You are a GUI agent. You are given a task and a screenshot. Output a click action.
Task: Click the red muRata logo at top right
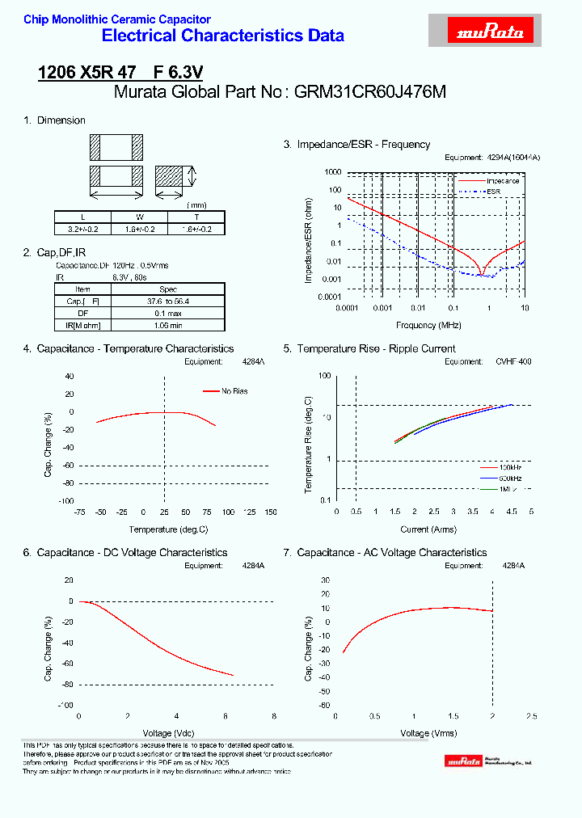click(491, 32)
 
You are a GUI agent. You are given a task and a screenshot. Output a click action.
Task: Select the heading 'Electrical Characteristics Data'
click(223, 36)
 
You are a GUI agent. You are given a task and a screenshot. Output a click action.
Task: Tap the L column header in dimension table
click(82, 217)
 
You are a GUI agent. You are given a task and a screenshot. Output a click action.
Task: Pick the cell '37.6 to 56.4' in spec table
click(167, 301)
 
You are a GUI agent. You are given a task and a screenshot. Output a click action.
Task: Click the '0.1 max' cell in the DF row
click(167, 313)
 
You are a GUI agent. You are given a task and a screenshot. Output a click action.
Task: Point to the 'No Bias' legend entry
click(235, 391)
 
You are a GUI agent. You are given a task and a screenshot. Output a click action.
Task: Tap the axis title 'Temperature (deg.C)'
click(168, 529)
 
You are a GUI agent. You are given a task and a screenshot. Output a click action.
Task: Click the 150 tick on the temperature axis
click(270, 512)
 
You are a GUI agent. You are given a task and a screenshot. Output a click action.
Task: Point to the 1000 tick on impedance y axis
click(333, 172)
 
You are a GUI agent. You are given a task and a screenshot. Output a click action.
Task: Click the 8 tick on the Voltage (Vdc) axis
click(274, 716)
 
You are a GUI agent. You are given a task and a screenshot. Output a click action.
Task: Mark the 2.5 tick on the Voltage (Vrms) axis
click(531, 716)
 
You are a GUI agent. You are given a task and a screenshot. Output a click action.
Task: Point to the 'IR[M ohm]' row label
click(83, 324)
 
